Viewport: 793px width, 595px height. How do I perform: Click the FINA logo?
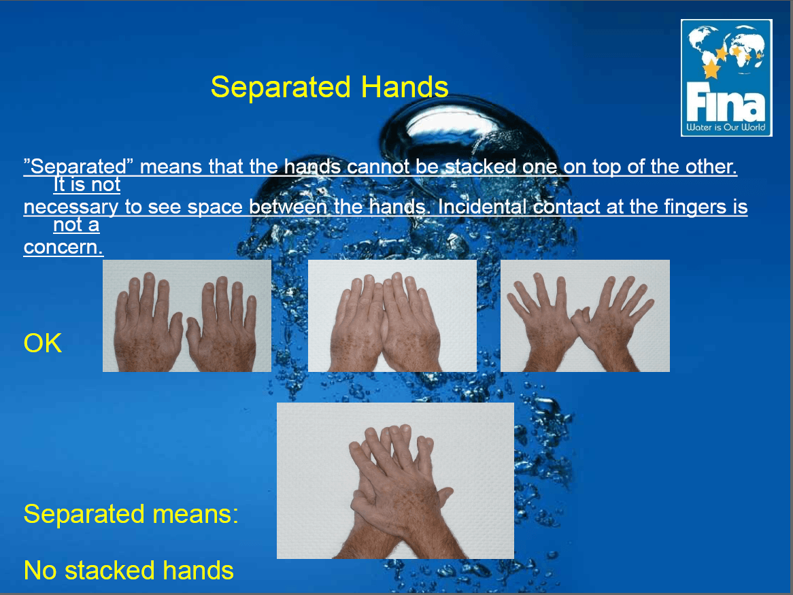[x=726, y=78]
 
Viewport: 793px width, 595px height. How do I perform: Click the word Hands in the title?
[x=405, y=87]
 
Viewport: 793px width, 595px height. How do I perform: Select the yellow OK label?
[x=43, y=343]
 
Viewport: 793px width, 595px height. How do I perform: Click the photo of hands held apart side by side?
[x=186, y=316]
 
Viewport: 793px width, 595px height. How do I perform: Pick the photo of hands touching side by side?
[x=392, y=316]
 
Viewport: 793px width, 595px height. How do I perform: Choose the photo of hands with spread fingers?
[x=585, y=316]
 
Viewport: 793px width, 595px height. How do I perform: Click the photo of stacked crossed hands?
[x=396, y=481]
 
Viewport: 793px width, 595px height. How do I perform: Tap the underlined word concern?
[x=63, y=248]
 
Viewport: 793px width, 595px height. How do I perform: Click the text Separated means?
[x=131, y=514]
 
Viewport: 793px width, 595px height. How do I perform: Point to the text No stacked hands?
[x=129, y=571]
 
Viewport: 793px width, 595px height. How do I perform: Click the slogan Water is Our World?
[x=726, y=127]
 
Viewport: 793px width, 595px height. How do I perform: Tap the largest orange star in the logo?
[x=711, y=68]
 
